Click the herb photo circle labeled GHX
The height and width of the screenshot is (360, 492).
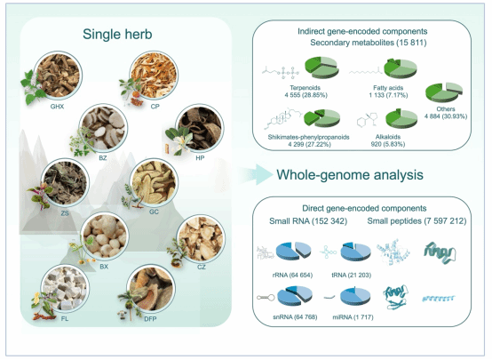click(58, 76)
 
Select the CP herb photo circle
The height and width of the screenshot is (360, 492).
click(154, 75)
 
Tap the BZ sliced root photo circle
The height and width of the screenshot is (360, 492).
click(103, 128)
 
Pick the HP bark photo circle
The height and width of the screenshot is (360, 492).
click(200, 128)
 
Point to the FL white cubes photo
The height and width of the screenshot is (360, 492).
click(65, 288)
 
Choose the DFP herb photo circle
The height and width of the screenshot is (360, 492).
click(151, 288)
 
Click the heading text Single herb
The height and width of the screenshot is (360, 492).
click(117, 35)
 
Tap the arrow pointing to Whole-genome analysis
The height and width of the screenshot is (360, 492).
click(257, 174)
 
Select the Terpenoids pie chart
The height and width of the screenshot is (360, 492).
click(322, 68)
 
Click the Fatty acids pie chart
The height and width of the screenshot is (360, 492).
click(401, 68)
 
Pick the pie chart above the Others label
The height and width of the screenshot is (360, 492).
click(444, 92)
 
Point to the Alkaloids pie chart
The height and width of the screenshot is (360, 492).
click(401, 119)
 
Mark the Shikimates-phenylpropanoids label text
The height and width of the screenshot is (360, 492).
click(308, 137)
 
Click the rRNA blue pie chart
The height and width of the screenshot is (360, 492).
click(294, 251)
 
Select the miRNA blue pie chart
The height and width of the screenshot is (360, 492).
click(355, 296)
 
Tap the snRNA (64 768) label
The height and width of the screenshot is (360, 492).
click(295, 317)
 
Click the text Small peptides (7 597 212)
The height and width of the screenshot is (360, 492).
click(417, 221)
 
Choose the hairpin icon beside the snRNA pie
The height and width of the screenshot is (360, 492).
click(266, 297)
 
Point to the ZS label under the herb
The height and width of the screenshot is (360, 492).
click(65, 213)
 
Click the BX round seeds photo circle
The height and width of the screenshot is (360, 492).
click(105, 236)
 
